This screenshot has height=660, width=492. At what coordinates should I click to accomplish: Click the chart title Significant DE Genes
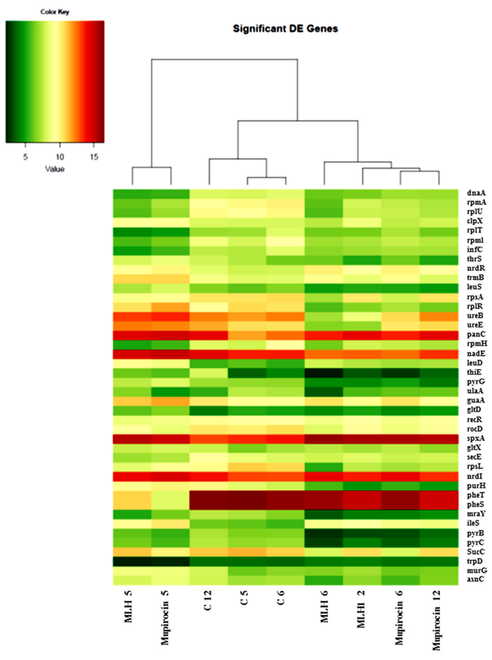(285, 29)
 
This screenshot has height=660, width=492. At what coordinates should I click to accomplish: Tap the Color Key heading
(55, 12)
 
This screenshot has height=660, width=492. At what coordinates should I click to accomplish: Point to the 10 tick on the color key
(60, 157)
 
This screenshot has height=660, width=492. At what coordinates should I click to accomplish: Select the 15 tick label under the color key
(94, 157)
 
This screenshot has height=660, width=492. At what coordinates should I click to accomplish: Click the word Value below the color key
(55, 169)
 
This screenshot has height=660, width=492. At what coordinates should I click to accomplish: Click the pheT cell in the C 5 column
(247, 495)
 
